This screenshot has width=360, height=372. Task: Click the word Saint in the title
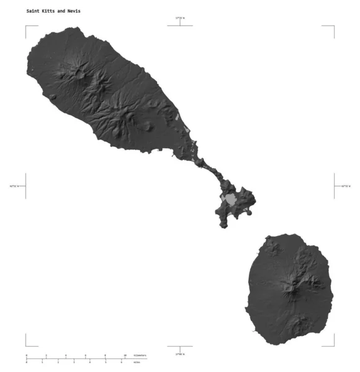pyautogui.click(x=32, y=11)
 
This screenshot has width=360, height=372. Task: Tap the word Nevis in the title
pyautogui.click(x=73, y=11)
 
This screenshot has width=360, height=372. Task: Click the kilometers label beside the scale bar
pyautogui.click(x=140, y=355)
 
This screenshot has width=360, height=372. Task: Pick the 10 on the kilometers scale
pyautogui.click(x=125, y=355)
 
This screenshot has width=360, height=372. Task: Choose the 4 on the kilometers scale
pyautogui.click(x=66, y=355)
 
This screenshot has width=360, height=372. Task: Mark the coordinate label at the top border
pyautogui.click(x=180, y=19)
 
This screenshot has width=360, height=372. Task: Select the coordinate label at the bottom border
pyautogui.click(x=180, y=353)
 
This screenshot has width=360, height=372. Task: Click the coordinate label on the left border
pyautogui.click(x=14, y=185)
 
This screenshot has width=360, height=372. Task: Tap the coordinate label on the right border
pyautogui.click(x=345, y=185)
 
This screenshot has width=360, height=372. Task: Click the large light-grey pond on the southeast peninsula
pyautogui.click(x=230, y=200)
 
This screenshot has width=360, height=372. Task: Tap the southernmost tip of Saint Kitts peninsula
pyautogui.click(x=225, y=226)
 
